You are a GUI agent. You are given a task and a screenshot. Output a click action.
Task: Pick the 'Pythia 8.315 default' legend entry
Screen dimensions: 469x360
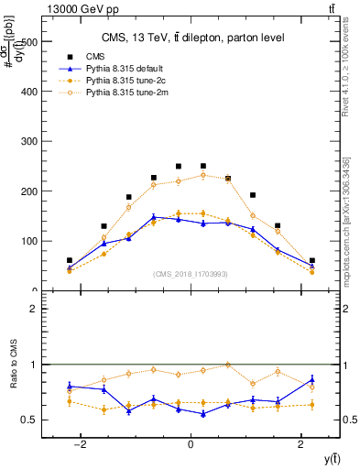[127, 69]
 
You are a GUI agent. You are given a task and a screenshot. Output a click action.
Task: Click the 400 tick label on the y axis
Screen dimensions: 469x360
[29, 92]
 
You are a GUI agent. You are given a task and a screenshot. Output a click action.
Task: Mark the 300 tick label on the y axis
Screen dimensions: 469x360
[29, 142]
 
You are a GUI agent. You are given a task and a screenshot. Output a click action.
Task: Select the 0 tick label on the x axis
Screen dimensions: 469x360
[191, 444]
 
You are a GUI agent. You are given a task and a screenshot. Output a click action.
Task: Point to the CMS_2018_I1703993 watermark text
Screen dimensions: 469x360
[190, 274]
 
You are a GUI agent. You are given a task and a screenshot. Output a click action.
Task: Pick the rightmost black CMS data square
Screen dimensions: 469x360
[311, 261]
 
